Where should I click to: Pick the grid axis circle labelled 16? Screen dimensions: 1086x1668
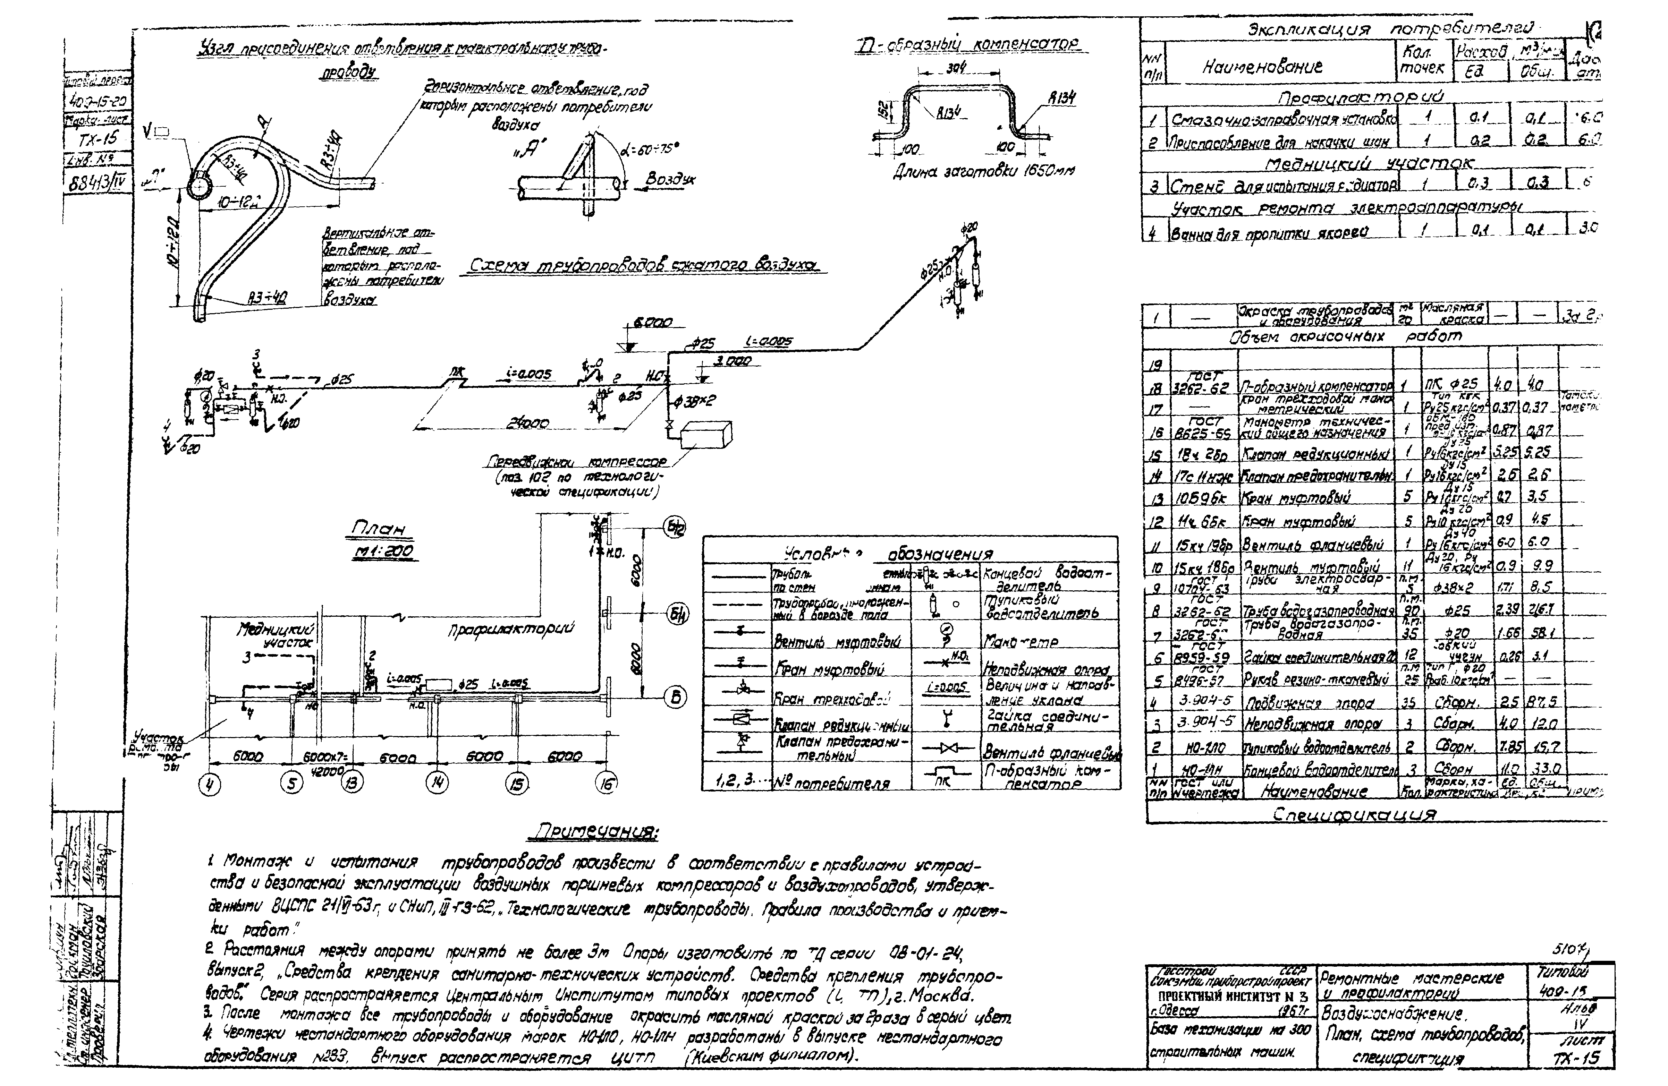pos(606,785)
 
